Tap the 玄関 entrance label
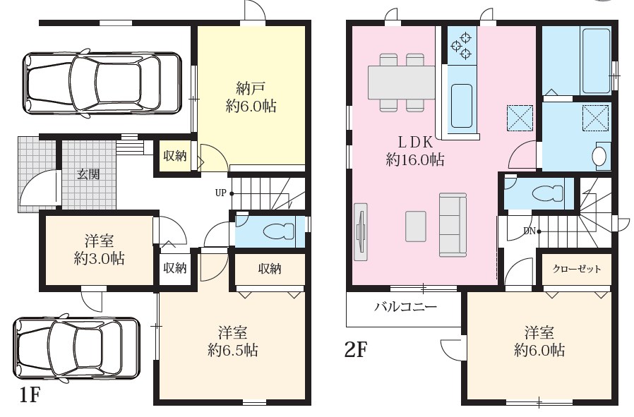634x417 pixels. click(88, 174)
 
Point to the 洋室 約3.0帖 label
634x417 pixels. click(100, 249)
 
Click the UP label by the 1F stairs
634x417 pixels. click(221, 193)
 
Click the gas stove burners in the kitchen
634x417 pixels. click(461, 44)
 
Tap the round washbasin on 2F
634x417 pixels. click(601, 156)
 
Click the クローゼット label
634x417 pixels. click(577, 270)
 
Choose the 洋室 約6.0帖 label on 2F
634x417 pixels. click(539, 341)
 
